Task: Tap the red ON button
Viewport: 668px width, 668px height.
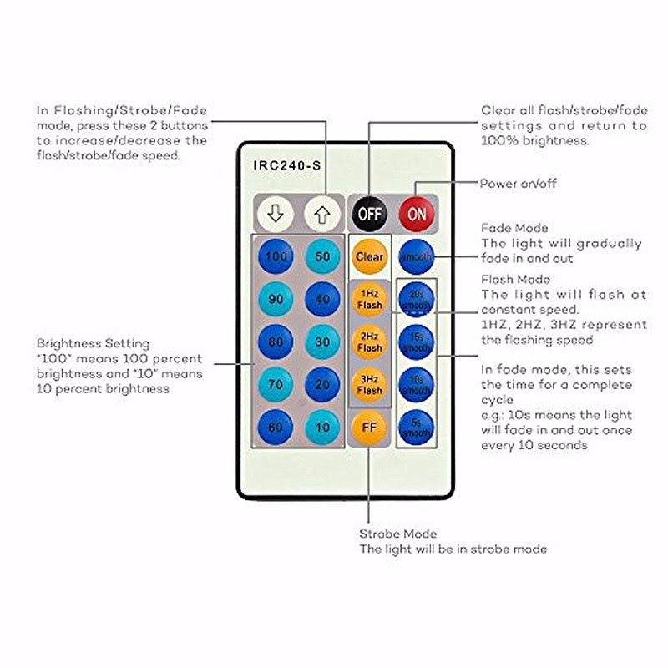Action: point(416,213)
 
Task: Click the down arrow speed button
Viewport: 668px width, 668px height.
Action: point(275,213)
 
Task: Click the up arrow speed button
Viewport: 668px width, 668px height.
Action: point(322,213)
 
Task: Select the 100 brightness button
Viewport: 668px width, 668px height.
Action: point(275,256)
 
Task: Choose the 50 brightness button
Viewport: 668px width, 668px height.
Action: point(321,256)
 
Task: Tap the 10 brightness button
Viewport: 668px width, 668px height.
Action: point(321,427)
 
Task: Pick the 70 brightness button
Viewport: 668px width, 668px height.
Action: point(275,384)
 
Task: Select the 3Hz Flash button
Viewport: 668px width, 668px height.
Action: point(369,384)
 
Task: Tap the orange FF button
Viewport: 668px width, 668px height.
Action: point(369,427)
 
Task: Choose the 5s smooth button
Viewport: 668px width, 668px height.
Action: point(416,427)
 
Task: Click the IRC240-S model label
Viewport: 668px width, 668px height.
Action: point(287,165)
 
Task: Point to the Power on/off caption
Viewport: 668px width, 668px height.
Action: point(518,184)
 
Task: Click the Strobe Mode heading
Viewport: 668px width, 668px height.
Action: point(398,534)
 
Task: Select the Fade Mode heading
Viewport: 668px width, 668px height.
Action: point(515,228)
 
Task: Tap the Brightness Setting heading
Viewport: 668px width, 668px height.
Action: point(93,343)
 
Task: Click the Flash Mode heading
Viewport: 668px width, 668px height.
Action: point(516,280)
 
